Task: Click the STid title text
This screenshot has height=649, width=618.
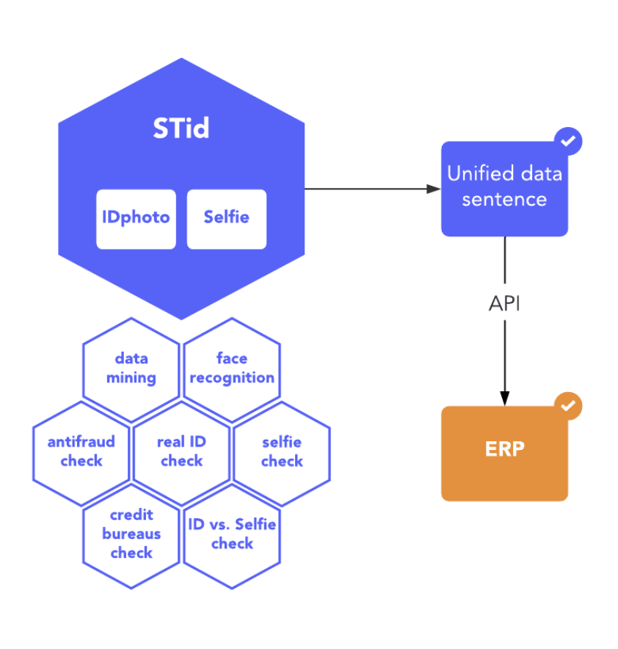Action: pyautogui.click(x=181, y=128)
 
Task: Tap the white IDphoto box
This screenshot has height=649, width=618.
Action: pyautogui.click(x=136, y=218)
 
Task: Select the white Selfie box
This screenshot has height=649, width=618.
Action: pyautogui.click(x=226, y=218)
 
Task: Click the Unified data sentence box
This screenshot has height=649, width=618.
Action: pyautogui.click(x=504, y=189)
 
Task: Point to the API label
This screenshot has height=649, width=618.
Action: pyautogui.click(x=504, y=303)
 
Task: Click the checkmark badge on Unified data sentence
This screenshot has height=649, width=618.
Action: pyautogui.click(x=567, y=140)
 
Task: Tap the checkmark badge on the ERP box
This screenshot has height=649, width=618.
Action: pyautogui.click(x=567, y=405)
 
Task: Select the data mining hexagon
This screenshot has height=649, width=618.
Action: pyautogui.click(x=131, y=369)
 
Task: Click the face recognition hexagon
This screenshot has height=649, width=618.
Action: pyautogui.click(x=232, y=369)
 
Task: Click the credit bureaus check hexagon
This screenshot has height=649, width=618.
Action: pyautogui.click(x=131, y=534)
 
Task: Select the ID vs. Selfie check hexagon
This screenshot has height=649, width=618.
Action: pyautogui.click(x=232, y=534)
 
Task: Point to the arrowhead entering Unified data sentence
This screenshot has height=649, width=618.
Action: pyautogui.click(x=434, y=189)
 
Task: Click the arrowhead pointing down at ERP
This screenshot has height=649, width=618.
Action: pyautogui.click(x=504, y=397)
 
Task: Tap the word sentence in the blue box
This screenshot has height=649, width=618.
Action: pyautogui.click(x=504, y=200)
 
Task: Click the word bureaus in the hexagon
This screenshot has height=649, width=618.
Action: pyautogui.click(x=131, y=534)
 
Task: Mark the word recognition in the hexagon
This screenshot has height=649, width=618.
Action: pyautogui.click(x=232, y=377)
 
